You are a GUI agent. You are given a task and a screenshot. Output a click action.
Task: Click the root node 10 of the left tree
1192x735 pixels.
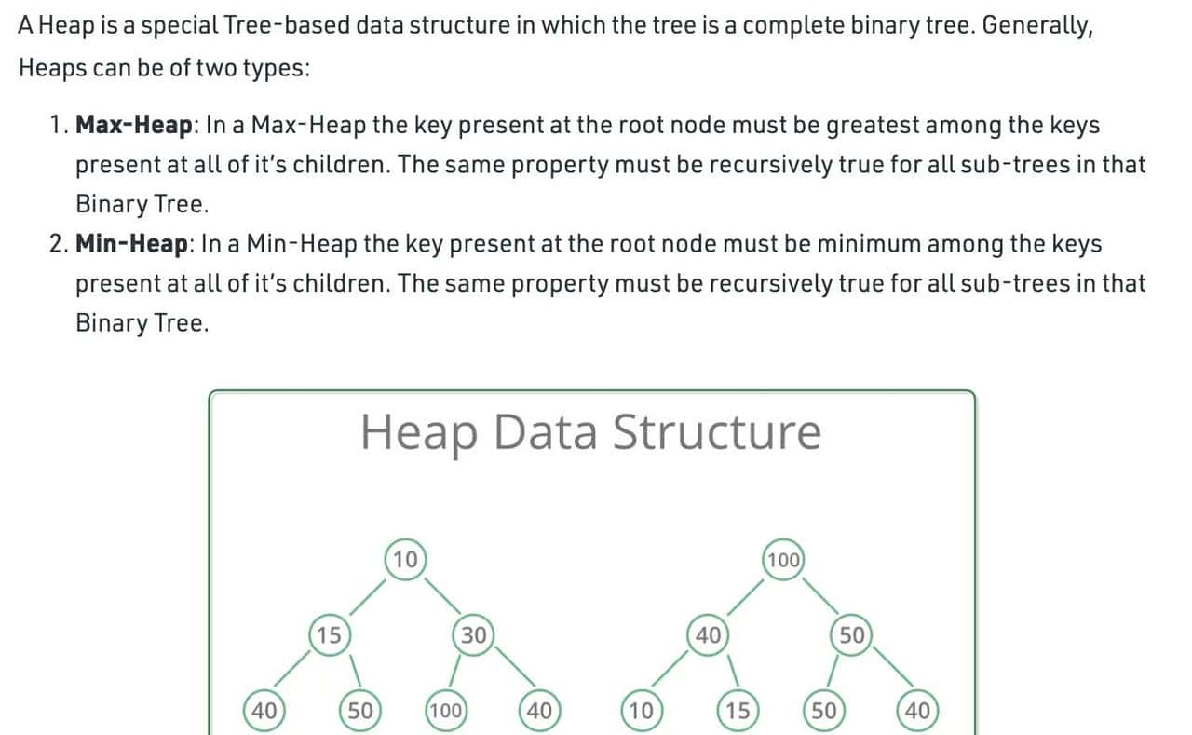tap(405, 560)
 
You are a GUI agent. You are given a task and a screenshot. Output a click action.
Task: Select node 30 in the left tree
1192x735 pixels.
tap(473, 635)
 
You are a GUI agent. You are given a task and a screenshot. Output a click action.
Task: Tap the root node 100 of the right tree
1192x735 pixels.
tap(784, 560)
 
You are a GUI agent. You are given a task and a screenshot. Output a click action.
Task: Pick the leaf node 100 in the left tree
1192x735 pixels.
tap(445, 711)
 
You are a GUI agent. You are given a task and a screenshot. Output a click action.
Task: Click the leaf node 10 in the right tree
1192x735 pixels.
tap(640, 711)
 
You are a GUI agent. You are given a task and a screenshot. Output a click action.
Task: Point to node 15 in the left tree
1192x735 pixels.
tap(328, 635)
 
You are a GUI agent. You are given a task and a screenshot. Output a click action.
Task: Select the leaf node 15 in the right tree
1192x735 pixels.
tap(737, 711)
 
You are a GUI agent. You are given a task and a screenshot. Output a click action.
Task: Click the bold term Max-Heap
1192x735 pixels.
tap(133, 125)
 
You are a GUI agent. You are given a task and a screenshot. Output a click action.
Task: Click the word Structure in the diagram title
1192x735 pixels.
tap(717, 432)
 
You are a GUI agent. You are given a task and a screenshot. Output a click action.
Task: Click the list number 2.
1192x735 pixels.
tap(56, 244)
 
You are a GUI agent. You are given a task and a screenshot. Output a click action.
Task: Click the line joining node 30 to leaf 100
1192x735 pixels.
tap(454, 671)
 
